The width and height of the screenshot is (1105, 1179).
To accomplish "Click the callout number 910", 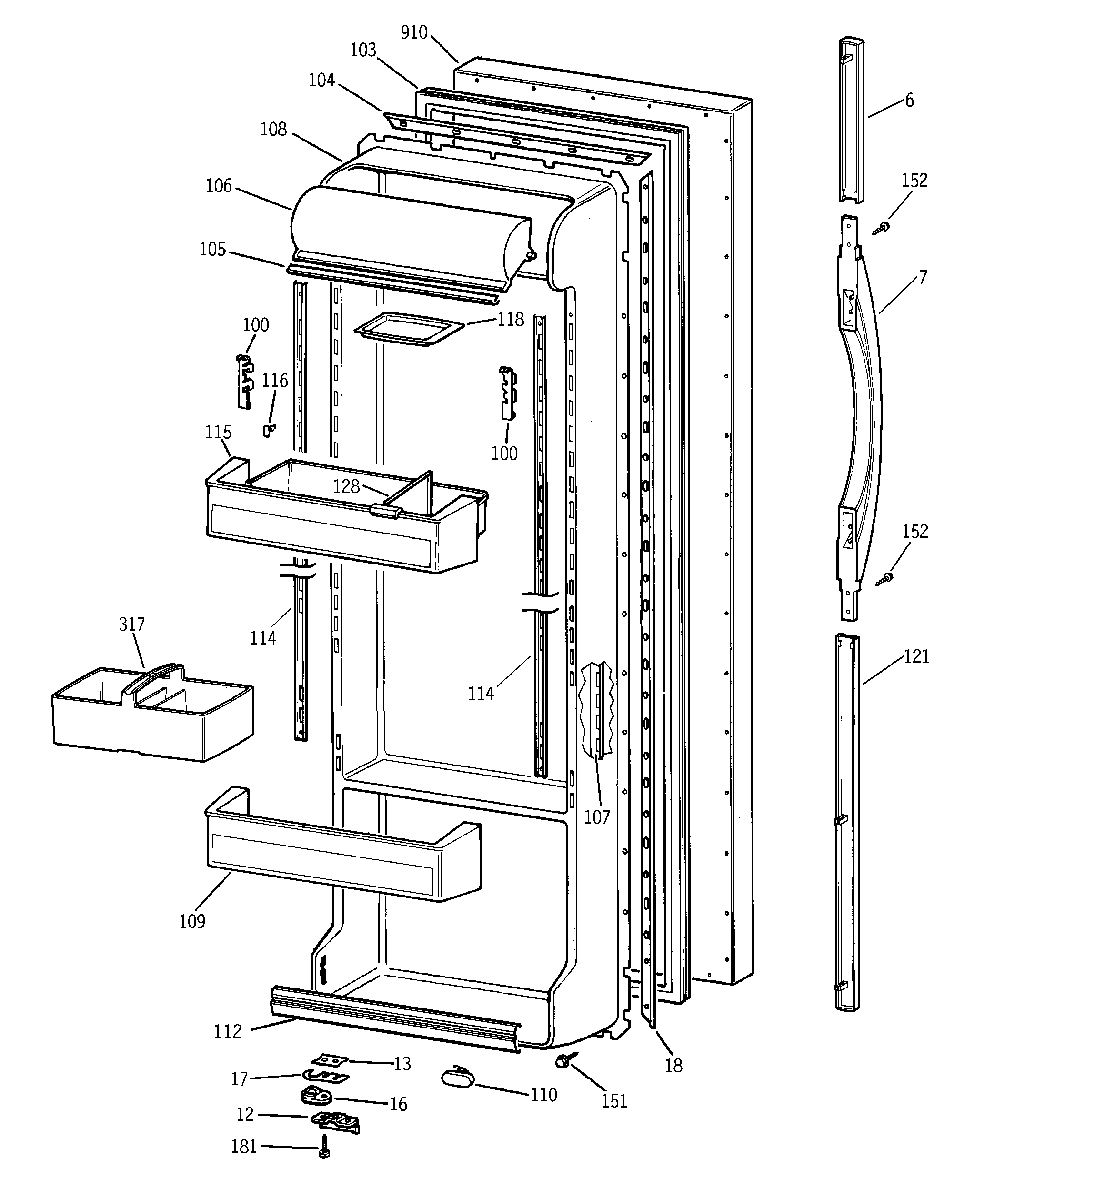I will coord(413,32).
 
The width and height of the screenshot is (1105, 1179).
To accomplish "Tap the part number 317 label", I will coord(131,624).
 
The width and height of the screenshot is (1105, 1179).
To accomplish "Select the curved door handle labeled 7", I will coord(867,415).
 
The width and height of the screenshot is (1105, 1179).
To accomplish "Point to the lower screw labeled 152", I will coord(885,578).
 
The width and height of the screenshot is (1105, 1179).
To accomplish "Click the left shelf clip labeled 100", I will coord(245,382).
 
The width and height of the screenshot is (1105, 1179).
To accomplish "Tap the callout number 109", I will coord(192,921).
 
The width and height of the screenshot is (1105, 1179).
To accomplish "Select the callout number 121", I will coord(916,656).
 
